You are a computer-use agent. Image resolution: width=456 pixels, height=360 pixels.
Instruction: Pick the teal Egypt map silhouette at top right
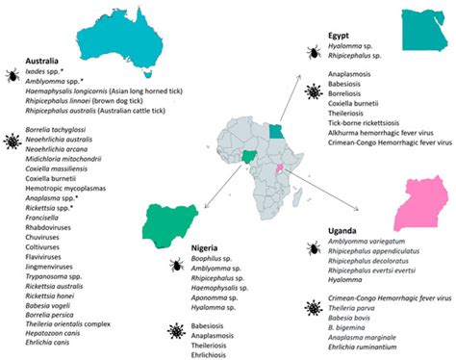pos(424,30)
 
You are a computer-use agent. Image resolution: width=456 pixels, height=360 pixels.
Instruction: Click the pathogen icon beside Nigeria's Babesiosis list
pos(175,330)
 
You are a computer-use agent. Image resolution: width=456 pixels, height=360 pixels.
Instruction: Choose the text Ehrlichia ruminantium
pos(368,348)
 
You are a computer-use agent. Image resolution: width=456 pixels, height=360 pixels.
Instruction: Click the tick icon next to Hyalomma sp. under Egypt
pos(314,50)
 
